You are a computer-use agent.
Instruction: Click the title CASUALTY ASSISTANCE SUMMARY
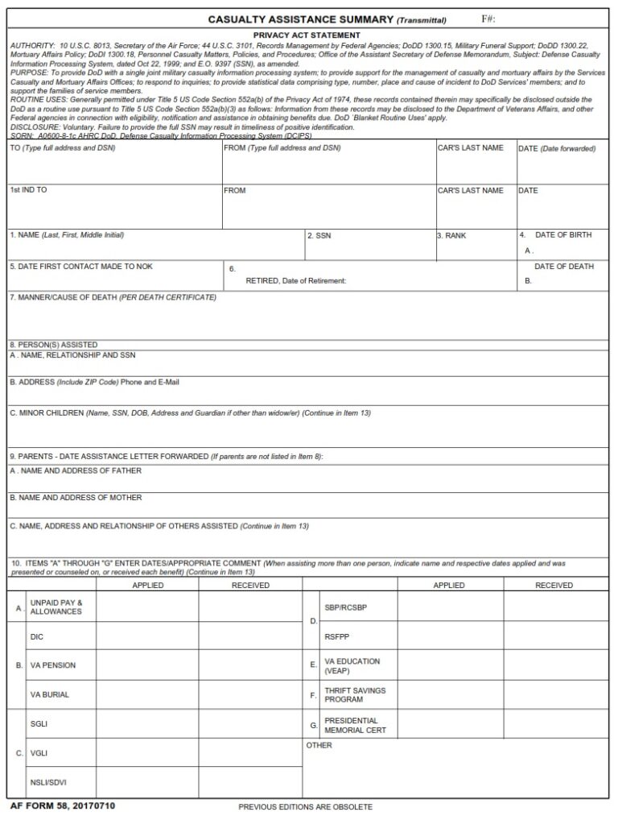click(x=300, y=19)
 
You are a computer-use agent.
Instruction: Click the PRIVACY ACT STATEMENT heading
click(x=307, y=35)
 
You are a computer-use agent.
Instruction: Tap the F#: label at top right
click(x=488, y=19)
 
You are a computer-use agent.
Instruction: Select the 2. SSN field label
click(x=319, y=236)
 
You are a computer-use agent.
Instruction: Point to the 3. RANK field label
click(x=451, y=236)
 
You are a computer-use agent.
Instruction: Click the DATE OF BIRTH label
click(x=563, y=235)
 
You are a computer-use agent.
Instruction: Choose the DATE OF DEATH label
click(x=564, y=267)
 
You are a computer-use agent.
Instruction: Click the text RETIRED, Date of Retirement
click(x=295, y=281)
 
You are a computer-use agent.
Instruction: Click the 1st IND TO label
click(x=28, y=190)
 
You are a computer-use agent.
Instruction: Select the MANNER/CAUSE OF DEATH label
click(x=113, y=297)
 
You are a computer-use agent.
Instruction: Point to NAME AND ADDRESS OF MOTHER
click(x=76, y=498)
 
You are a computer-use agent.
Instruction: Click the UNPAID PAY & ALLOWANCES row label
click(x=56, y=607)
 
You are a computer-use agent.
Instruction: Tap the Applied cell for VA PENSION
click(x=147, y=665)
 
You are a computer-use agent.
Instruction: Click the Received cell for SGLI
click(x=250, y=723)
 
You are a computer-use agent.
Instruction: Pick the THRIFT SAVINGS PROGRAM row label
click(x=355, y=695)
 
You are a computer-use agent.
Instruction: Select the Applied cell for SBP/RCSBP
click(x=450, y=607)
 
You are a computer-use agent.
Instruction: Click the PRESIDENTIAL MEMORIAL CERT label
click(x=355, y=726)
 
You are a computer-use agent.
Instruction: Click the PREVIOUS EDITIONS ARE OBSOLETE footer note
click(x=305, y=807)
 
